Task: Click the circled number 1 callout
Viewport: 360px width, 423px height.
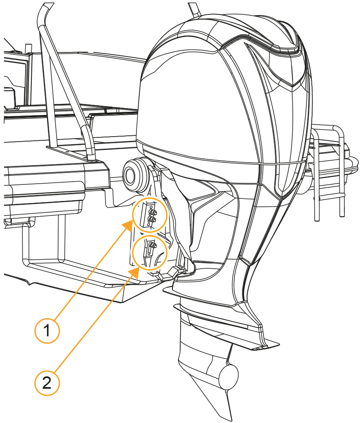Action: (47, 330)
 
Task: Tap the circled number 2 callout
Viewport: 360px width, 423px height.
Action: (47, 383)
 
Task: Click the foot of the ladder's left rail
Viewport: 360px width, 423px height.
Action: (316, 219)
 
